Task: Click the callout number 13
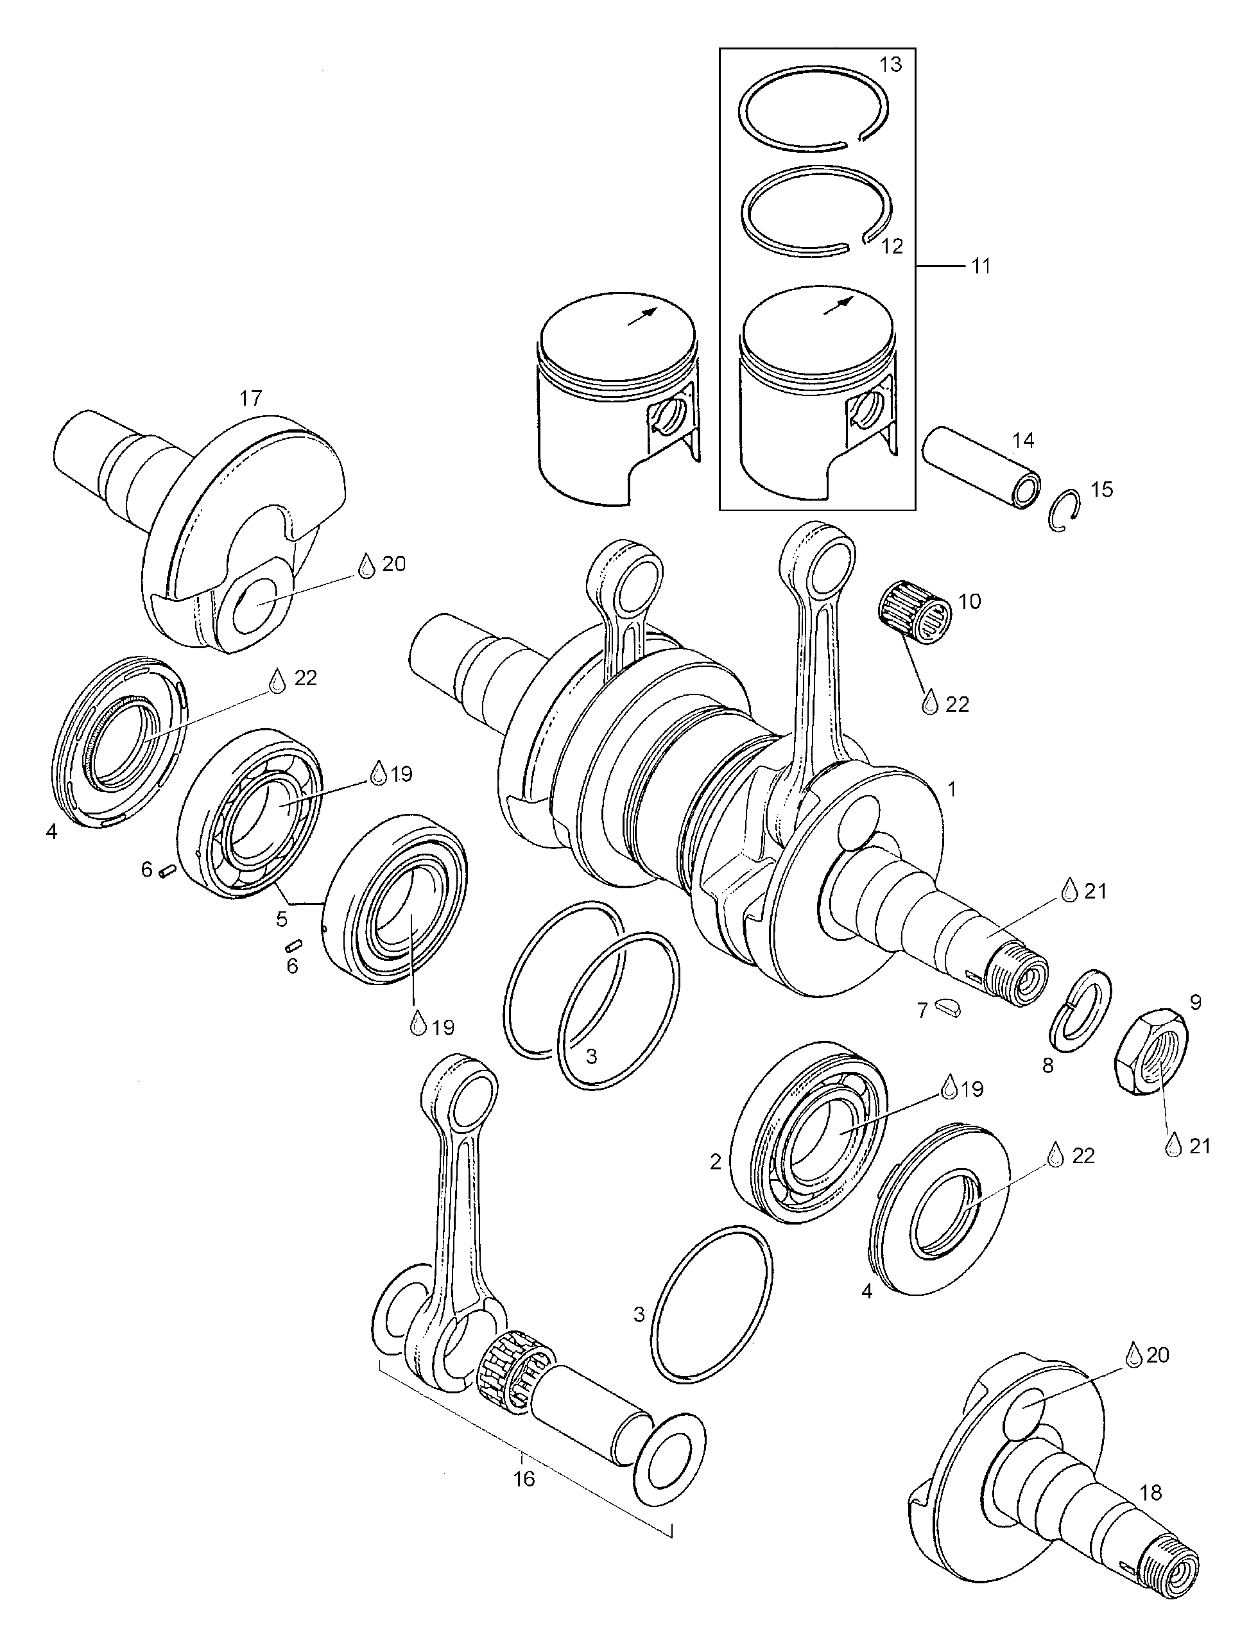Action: click(x=890, y=64)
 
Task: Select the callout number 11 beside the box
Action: click(x=980, y=266)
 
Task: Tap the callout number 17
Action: click(x=250, y=398)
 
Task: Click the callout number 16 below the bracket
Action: click(x=524, y=1479)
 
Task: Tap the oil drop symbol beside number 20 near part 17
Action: click(x=366, y=565)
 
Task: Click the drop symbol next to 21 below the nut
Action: click(x=1173, y=1145)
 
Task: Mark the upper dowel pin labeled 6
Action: click(x=167, y=870)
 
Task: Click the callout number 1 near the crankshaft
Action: click(x=952, y=789)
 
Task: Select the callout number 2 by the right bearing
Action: click(x=715, y=1162)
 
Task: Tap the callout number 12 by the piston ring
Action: click(x=892, y=246)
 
